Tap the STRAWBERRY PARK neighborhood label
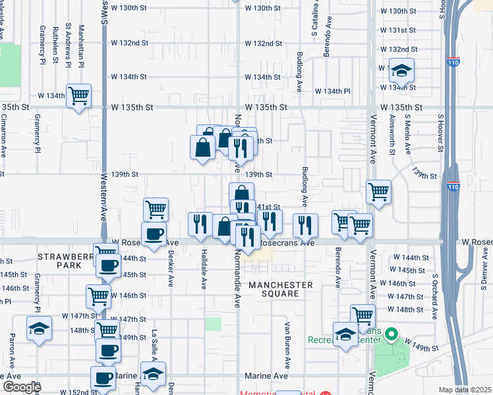click(x=59, y=261)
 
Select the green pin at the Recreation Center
click(x=391, y=335)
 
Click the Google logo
click(x=22, y=387)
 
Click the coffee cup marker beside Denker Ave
click(x=155, y=235)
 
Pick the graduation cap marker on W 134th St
click(x=401, y=70)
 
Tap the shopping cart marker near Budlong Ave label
click(x=379, y=192)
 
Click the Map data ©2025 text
click(x=465, y=390)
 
